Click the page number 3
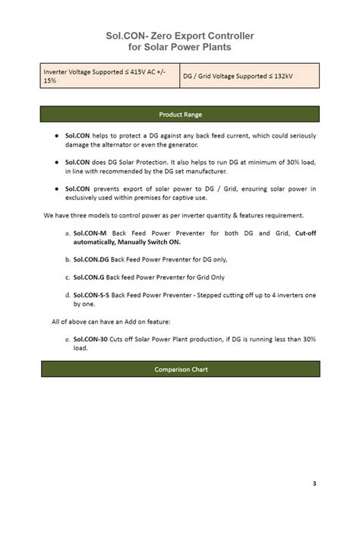(x=314, y=483)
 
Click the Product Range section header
(x=180, y=115)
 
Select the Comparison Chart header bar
(x=181, y=369)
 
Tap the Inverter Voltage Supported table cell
(x=109, y=76)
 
